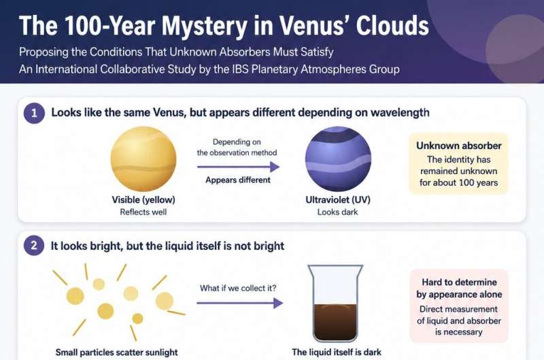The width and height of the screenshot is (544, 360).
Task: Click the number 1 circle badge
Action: tap(34, 113)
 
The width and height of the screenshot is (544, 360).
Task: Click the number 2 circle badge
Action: tap(34, 246)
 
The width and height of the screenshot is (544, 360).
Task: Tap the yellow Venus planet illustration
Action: tap(143, 159)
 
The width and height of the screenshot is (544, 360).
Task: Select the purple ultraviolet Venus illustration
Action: tap(338, 159)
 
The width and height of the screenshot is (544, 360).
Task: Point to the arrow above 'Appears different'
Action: tap(239, 167)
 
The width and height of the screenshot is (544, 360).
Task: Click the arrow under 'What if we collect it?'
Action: tap(240, 303)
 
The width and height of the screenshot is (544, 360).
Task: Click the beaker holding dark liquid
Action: tap(335, 303)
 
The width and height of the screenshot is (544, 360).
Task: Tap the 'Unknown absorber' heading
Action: tap(458, 146)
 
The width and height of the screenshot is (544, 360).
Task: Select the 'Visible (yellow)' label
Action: tap(143, 200)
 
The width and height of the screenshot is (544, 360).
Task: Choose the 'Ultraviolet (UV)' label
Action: tap(338, 200)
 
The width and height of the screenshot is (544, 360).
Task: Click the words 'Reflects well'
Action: tap(143, 212)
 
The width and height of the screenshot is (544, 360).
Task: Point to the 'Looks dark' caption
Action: tap(337, 212)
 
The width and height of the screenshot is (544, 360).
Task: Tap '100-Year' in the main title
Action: tap(105, 25)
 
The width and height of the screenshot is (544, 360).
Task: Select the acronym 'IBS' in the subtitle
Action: tap(240, 69)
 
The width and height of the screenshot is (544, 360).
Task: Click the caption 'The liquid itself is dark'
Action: tap(337, 353)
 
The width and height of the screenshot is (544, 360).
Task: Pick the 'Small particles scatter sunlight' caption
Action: tap(116, 353)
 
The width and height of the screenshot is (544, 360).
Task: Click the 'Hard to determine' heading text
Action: tap(459, 282)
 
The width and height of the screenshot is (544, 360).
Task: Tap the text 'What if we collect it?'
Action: tap(238, 288)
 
